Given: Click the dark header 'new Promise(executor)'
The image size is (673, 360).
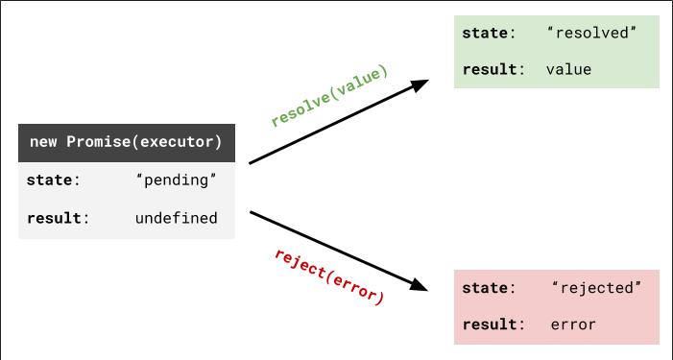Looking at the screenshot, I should click(126, 142).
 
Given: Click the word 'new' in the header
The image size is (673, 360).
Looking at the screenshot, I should click(43, 142).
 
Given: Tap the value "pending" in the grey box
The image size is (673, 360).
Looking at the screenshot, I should click(177, 180).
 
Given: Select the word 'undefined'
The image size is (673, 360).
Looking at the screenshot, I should click(177, 218).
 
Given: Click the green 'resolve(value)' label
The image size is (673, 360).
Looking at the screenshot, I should click(329, 96).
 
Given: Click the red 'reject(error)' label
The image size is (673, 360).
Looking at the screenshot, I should click(329, 276).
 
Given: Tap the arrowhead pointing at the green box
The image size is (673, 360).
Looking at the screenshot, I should click(420, 84).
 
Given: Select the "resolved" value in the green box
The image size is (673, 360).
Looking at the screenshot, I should click(591, 33).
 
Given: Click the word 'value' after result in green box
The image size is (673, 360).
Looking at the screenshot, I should click(568, 69).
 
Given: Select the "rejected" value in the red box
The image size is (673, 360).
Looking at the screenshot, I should click(596, 288).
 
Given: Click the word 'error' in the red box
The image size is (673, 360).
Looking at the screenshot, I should click(573, 324).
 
